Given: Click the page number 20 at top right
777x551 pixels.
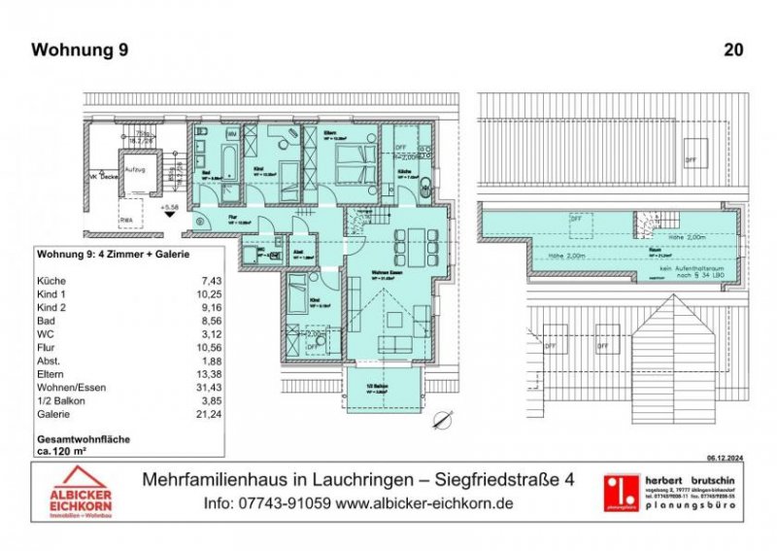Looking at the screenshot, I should [x=734, y=50].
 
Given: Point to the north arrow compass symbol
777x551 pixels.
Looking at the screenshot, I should [x=445, y=420].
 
